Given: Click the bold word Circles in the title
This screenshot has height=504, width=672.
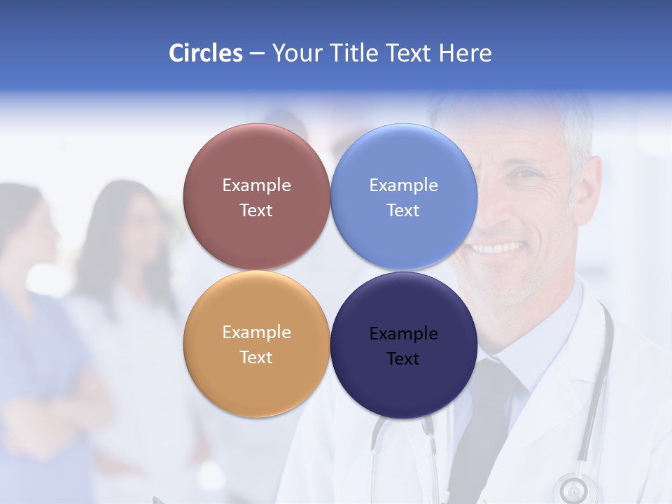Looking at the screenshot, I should [206, 53].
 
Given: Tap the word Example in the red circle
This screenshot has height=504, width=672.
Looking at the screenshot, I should [256, 185].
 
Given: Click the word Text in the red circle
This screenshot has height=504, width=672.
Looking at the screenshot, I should [256, 210].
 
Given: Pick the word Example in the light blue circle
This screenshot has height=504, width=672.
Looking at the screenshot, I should [403, 185].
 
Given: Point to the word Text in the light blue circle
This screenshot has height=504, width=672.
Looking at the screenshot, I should [403, 210].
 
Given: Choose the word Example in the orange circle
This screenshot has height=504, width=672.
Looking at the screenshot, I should [256, 332].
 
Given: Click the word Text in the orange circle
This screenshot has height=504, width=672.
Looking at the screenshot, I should [256, 357].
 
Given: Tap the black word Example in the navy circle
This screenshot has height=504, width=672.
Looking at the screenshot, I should [403, 334].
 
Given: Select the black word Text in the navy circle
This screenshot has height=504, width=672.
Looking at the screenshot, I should [403, 359].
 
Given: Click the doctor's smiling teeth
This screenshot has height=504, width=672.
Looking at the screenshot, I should [498, 247].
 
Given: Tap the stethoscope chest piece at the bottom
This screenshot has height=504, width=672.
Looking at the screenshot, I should [574, 488].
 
